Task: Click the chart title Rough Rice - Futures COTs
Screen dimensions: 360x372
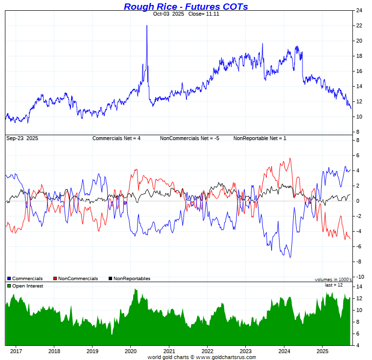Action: (x=186, y=6)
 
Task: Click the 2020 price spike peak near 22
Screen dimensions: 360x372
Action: (x=147, y=25)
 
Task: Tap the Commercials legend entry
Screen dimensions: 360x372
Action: (x=27, y=279)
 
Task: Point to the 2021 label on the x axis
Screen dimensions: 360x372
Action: (x=169, y=351)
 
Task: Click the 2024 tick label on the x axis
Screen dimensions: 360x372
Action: (x=284, y=351)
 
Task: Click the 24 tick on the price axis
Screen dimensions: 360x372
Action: (x=359, y=10)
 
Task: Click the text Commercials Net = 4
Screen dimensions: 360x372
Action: (x=116, y=139)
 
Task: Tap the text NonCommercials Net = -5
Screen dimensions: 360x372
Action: (x=189, y=139)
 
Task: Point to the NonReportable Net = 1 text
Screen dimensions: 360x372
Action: (x=259, y=139)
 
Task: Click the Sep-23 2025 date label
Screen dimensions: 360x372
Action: (x=22, y=139)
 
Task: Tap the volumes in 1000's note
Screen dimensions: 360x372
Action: (x=333, y=280)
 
